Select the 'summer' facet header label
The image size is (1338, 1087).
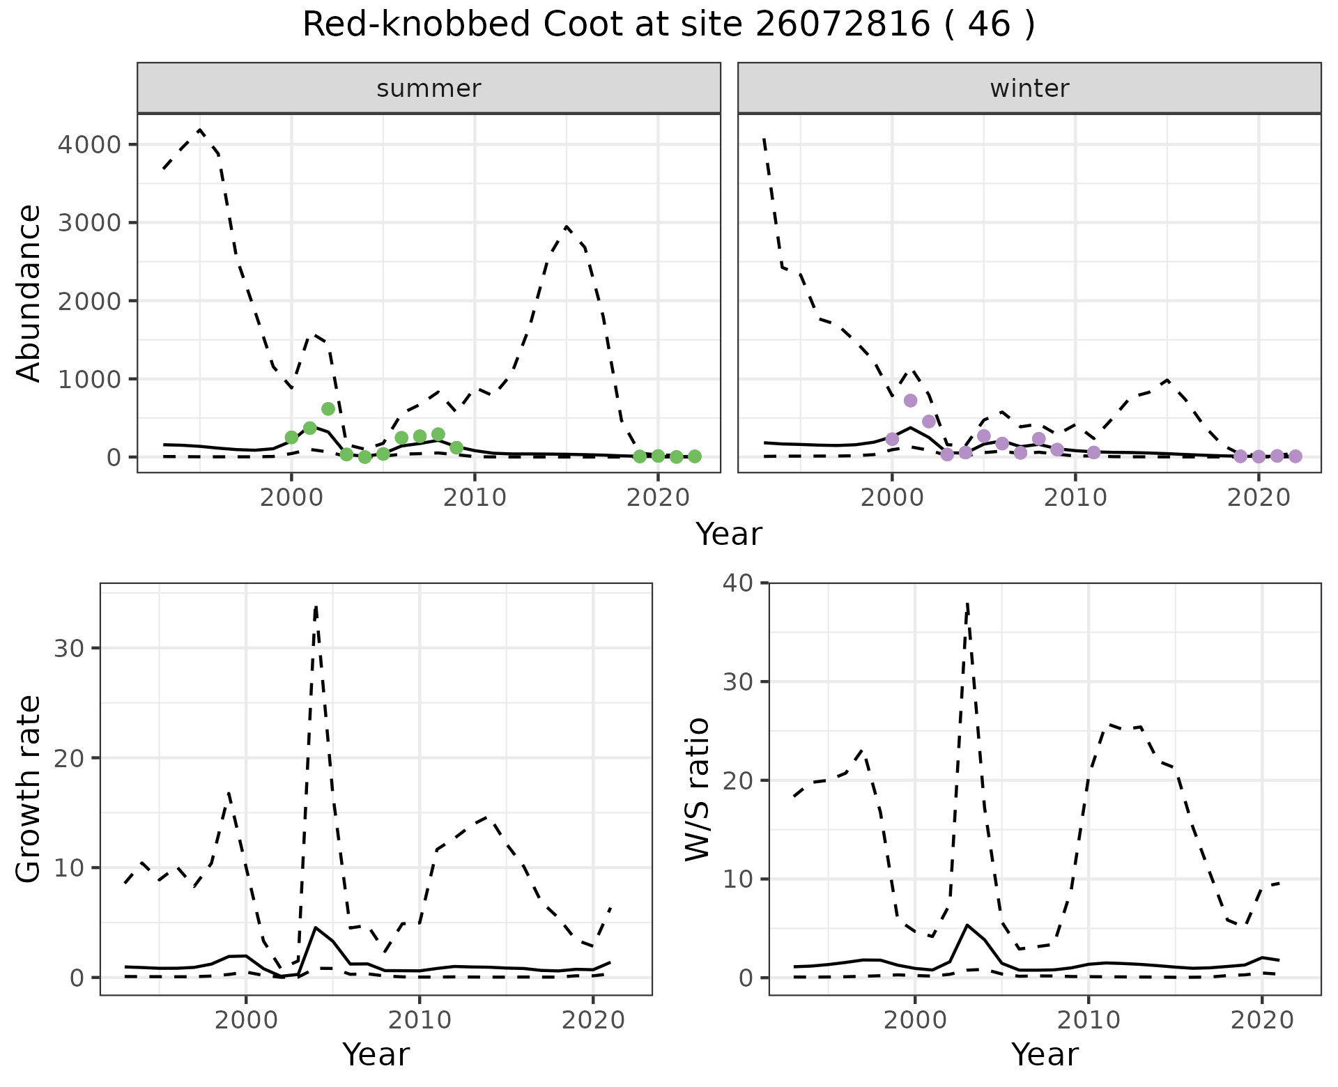pos(429,88)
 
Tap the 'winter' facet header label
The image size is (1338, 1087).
pos(1029,88)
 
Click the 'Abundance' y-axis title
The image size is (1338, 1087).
pos(29,293)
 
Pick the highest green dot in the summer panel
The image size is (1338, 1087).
pos(328,408)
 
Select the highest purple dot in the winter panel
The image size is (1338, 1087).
pos(910,401)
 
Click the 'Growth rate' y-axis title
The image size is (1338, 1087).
pos(29,789)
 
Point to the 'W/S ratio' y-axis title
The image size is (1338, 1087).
pos(697,789)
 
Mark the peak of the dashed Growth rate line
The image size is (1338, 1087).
pos(316,607)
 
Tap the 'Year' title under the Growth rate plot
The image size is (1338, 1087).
pos(376,1054)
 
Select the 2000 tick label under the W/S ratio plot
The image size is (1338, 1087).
pos(914,1021)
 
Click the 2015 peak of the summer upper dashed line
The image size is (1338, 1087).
pos(567,226)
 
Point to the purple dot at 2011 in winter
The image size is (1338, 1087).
pos(1093,453)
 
